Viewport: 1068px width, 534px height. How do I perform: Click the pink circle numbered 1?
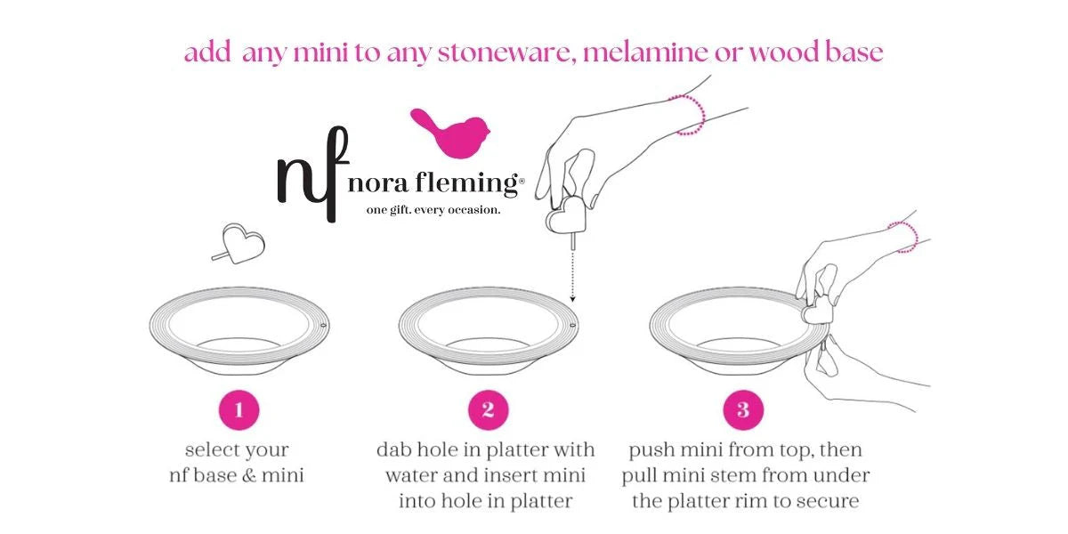pyautogui.click(x=239, y=410)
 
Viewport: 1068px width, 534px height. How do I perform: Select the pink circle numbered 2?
pyautogui.click(x=489, y=410)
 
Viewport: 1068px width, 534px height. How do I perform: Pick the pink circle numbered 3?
pyautogui.click(x=743, y=410)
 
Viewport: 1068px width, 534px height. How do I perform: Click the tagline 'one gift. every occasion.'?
pyautogui.click(x=433, y=210)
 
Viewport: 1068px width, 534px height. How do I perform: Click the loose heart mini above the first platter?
pyautogui.click(x=239, y=244)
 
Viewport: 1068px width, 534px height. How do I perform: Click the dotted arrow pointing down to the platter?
pyautogui.click(x=572, y=277)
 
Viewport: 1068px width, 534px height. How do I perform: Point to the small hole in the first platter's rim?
pyautogui.click(x=323, y=325)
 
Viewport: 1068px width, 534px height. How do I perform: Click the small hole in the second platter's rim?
pyautogui.click(x=572, y=325)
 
